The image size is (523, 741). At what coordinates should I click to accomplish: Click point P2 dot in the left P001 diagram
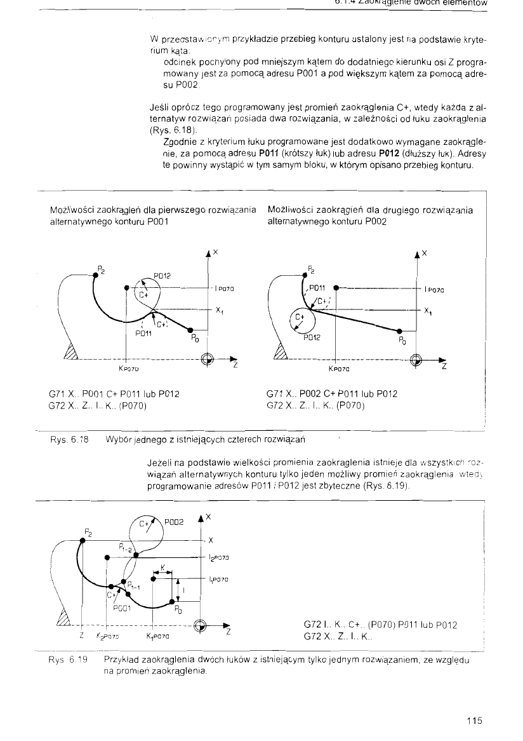click(95, 275)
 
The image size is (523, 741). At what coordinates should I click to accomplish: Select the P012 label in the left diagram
click(162, 276)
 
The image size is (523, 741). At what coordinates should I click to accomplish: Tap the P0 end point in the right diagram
click(399, 331)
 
